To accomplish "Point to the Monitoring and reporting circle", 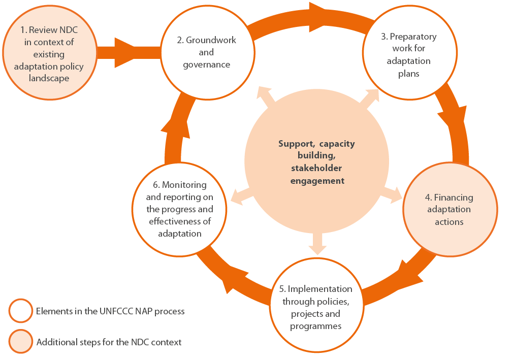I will (180, 209).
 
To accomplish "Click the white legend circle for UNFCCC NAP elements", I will (21, 311).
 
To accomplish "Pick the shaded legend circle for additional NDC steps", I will (21, 341).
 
